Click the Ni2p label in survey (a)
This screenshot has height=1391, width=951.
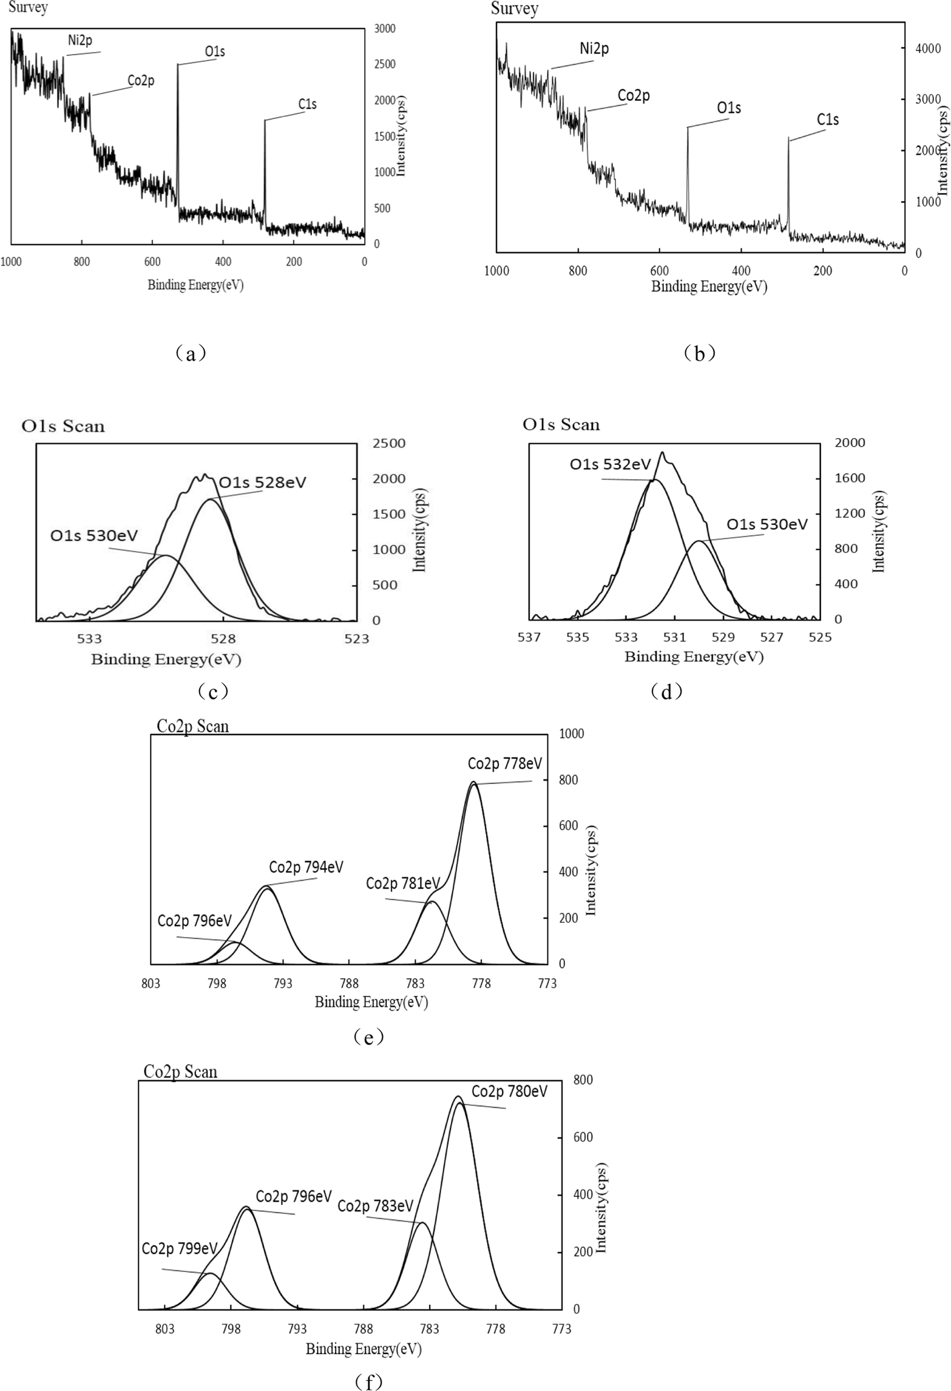click(x=80, y=41)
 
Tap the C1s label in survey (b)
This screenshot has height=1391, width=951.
click(x=827, y=120)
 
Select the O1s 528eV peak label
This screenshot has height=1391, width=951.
click(x=262, y=482)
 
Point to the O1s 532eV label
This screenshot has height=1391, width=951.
click(x=609, y=464)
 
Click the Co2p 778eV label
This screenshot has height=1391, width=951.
click(x=504, y=763)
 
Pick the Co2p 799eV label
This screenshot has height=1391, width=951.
click(x=179, y=1248)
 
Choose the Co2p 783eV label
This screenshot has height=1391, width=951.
click(x=375, y=1205)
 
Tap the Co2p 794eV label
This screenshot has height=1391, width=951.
click(x=306, y=867)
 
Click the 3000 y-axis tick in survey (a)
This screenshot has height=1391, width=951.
click(x=384, y=29)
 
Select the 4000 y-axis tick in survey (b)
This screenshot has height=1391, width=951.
click(x=928, y=49)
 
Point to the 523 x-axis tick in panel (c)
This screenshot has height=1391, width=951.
click(x=356, y=638)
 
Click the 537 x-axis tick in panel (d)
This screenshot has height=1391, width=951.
click(x=529, y=637)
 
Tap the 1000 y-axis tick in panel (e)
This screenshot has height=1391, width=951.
click(x=571, y=734)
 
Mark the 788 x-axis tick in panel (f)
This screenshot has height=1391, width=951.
click(x=363, y=1329)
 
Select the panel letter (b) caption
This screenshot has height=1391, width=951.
click(x=699, y=353)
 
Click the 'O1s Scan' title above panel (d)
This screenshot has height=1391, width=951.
click(x=561, y=424)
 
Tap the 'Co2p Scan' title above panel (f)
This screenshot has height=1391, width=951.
click(x=180, y=1071)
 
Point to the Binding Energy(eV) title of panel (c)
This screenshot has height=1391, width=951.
click(x=166, y=659)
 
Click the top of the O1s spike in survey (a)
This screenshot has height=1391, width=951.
click(x=178, y=65)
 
